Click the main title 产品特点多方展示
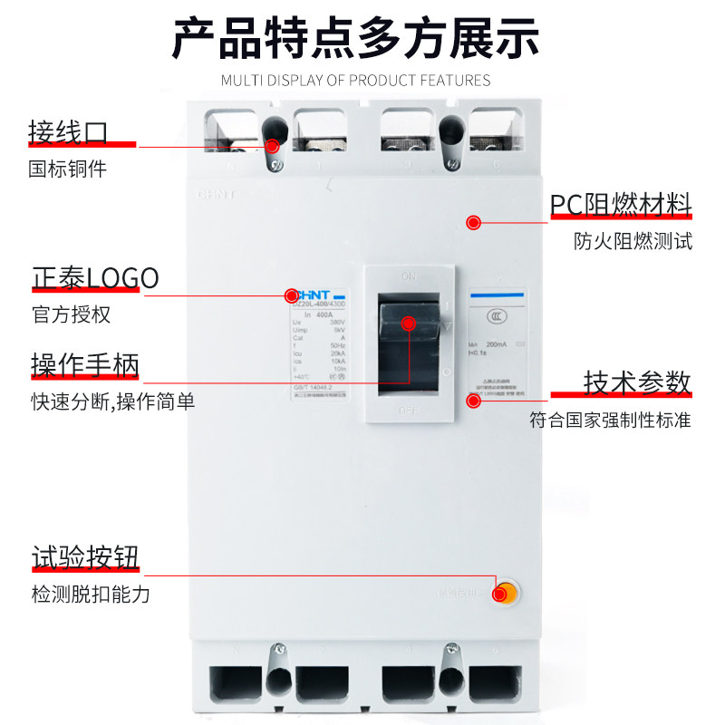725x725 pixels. [x=356, y=38]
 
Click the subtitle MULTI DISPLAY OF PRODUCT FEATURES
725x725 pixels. [x=356, y=81]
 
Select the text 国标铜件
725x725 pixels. [x=68, y=169]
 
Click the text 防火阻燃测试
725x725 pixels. [x=633, y=242]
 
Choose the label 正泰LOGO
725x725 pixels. [x=95, y=277]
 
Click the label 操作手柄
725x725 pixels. [x=85, y=365]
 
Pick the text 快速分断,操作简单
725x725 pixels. [x=112, y=401]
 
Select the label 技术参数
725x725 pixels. [x=637, y=382]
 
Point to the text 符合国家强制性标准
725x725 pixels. [x=610, y=420]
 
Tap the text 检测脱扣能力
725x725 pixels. [x=90, y=594]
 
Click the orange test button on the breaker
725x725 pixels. [x=504, y=594]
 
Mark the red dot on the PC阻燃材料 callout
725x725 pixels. [x=472, y=222]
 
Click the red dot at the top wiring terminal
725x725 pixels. [x=273, y=144]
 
